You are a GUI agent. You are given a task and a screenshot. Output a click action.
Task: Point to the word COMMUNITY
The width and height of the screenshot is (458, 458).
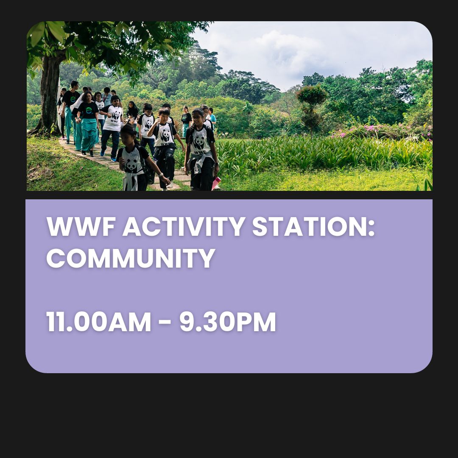(131, 258)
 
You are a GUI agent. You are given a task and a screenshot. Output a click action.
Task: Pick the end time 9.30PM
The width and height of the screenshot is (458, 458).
(227, 322)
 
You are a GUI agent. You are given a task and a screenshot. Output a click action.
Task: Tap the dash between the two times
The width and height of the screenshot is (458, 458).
(165, 323)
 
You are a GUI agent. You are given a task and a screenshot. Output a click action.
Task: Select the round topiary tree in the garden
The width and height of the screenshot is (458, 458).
(312, 95)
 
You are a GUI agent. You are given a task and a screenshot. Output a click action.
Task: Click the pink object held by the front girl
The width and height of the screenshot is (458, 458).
(216, 183)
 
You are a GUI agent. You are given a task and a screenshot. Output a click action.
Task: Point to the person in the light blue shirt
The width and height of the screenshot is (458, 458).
(212, 117)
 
